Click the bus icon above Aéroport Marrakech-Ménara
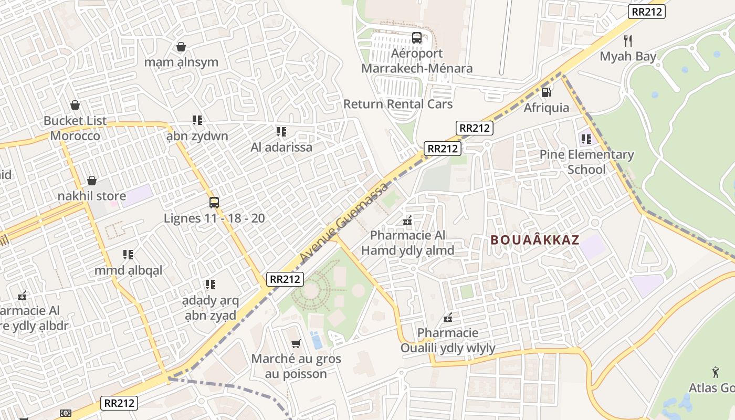(416, 38)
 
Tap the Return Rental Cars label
(397, 104)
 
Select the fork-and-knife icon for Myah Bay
(628, 40)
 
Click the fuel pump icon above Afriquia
(546, 92)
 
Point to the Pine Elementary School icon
(586, 139)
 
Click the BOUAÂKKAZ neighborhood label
(534, 240)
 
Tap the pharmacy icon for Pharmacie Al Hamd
(407, 221)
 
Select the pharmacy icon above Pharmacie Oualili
(448, 318)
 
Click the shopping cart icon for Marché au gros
(296, 344)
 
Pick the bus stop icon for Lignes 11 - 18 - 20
(214, 203)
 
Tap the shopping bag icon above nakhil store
(92, 181)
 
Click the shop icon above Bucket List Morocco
(75, 105)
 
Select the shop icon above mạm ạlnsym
(181, 47)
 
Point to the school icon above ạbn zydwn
(197, 120)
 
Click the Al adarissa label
(281, 147)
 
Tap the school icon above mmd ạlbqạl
(128, 255)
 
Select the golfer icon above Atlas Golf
(715, 373)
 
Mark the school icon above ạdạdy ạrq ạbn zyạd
(211, 285)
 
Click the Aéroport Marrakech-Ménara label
(417, 61)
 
